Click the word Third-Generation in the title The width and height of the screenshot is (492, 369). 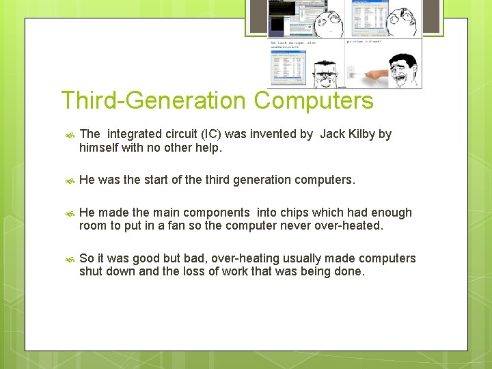coord(154,101)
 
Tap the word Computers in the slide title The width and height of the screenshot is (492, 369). coord(314,101)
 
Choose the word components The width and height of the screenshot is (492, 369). coord(218,213)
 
